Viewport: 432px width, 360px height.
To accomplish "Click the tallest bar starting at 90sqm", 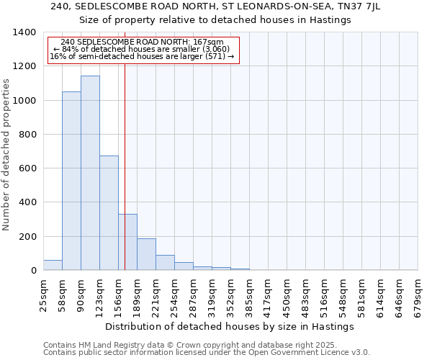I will click(x=90, y=173).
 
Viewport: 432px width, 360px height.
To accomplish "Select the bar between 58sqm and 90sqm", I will click(x=71, y=181).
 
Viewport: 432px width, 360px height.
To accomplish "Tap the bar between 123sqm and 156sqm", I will click(x=109, y=212).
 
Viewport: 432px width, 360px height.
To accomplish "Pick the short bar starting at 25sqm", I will click(x=53, y=265).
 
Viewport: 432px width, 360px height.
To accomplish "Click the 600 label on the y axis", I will click(x=28, y=168).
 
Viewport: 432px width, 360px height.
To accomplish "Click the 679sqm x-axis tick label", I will click(x=418, y=294).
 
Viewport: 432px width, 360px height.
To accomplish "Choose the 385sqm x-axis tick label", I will click(x=250, y=294).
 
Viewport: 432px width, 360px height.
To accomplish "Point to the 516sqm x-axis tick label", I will click(x=325, y=294).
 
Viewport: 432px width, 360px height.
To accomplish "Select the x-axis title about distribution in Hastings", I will click(x=230, y=326).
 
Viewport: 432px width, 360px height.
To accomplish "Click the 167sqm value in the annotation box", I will click(x=210, y=42).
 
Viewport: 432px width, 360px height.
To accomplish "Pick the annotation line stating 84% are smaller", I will click(x=142, y=49).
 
